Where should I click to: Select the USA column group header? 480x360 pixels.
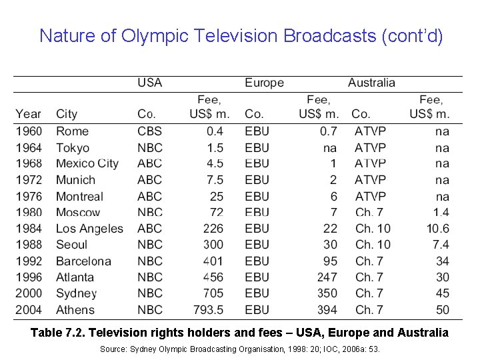[149, 83]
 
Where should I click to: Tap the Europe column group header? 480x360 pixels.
[264, 83]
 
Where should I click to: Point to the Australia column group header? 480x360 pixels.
[371, 83]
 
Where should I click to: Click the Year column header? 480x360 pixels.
[28, 114]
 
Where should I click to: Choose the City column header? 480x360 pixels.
[67, 114]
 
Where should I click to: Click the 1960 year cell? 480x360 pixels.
[29, 131]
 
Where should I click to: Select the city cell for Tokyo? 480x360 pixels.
[72, 147]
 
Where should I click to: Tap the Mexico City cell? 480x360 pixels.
[87, 163]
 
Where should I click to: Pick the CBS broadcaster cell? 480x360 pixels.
[149, 131]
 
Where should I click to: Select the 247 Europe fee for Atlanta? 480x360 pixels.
[327, 277]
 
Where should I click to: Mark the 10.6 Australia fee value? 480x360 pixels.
[437, 229]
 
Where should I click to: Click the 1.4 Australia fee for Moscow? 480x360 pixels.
[440, 213]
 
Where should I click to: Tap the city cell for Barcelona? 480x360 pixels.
[83, 261]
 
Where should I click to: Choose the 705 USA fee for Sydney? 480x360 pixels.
[213, 293]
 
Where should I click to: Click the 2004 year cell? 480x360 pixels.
[29, 309]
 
